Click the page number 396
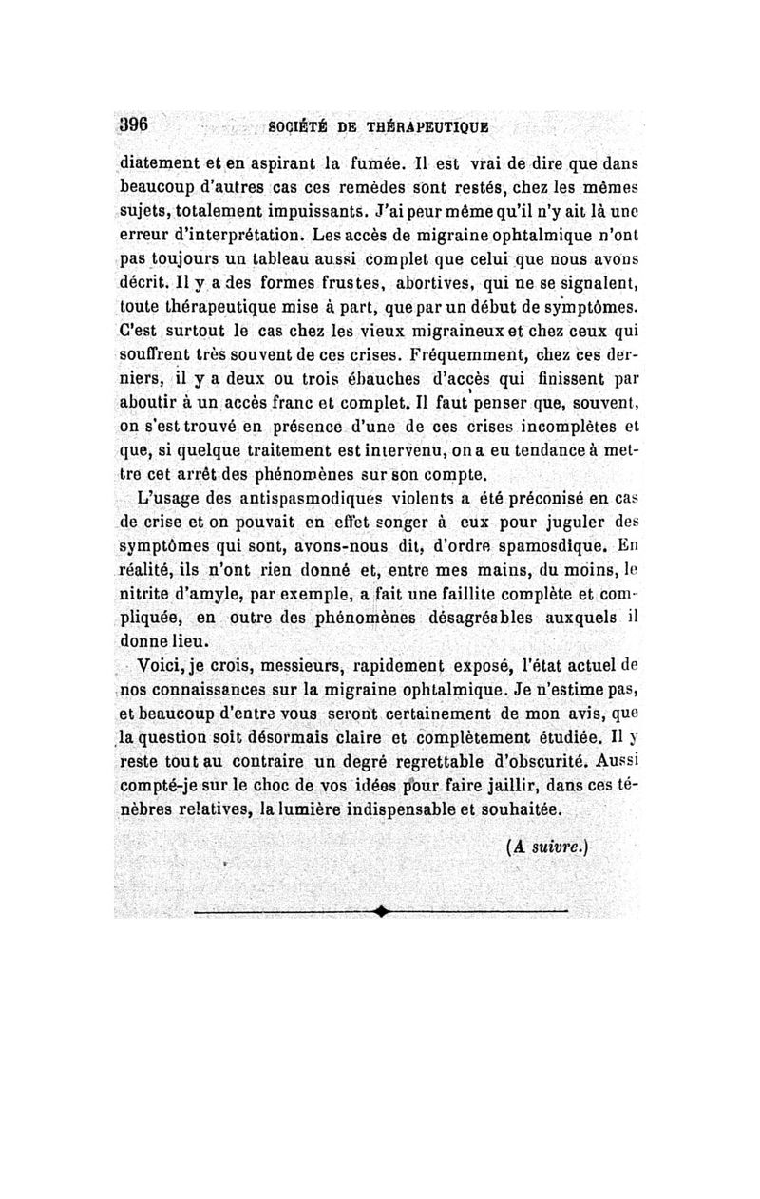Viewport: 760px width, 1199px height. [136, 125]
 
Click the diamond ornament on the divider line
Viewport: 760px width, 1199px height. [381, 912]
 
